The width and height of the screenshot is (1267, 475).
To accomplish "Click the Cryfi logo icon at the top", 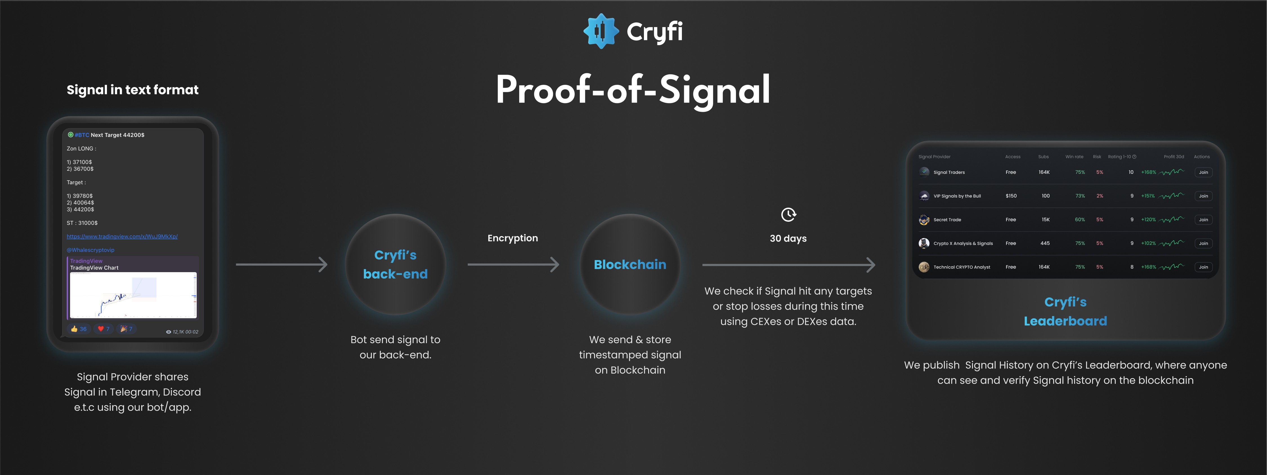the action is [601, 31].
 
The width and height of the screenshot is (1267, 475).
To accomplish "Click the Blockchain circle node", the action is [630, 264].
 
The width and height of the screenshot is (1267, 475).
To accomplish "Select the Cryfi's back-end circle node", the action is [395, 264].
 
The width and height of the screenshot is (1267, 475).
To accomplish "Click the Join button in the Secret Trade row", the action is [1203, 219].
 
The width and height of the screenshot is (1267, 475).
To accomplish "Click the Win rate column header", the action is [1074, 157].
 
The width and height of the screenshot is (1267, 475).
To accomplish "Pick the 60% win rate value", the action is [1080, 219].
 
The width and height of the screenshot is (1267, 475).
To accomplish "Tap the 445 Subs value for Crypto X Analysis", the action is [1045, 243].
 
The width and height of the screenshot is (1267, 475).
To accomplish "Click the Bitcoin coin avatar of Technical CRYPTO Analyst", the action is [924, 267].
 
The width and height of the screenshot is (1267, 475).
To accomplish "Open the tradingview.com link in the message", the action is [122, 237].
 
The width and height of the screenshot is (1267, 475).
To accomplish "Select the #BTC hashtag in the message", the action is [82, 135].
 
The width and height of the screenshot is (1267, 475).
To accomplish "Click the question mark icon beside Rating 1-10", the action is [1134, 157].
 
